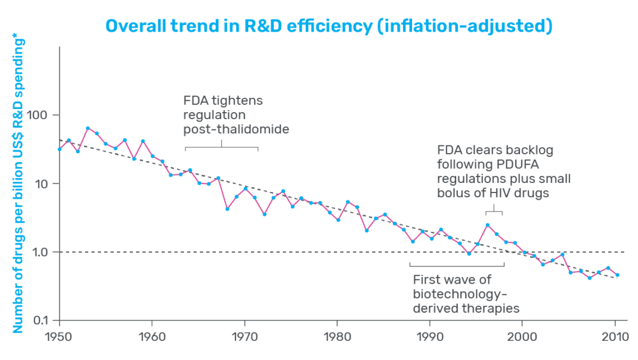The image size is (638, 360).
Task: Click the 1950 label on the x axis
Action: point(59,337)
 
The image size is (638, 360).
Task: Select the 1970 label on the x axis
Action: point(244,337)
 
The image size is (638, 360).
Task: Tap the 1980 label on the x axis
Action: point(337,337)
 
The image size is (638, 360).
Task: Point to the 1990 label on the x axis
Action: point(429,337)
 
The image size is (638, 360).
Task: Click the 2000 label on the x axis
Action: point(522,337)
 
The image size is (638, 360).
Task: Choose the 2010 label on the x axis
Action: point(615,337)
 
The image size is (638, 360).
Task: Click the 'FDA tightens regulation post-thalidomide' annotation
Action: point(236,114)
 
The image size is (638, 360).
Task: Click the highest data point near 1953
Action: point(88,128)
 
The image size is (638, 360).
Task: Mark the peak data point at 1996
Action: point(487,225)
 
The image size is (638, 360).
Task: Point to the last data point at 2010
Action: point(617,275)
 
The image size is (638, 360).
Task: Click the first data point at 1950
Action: point(60,149)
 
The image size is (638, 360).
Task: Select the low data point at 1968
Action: point(227,209)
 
